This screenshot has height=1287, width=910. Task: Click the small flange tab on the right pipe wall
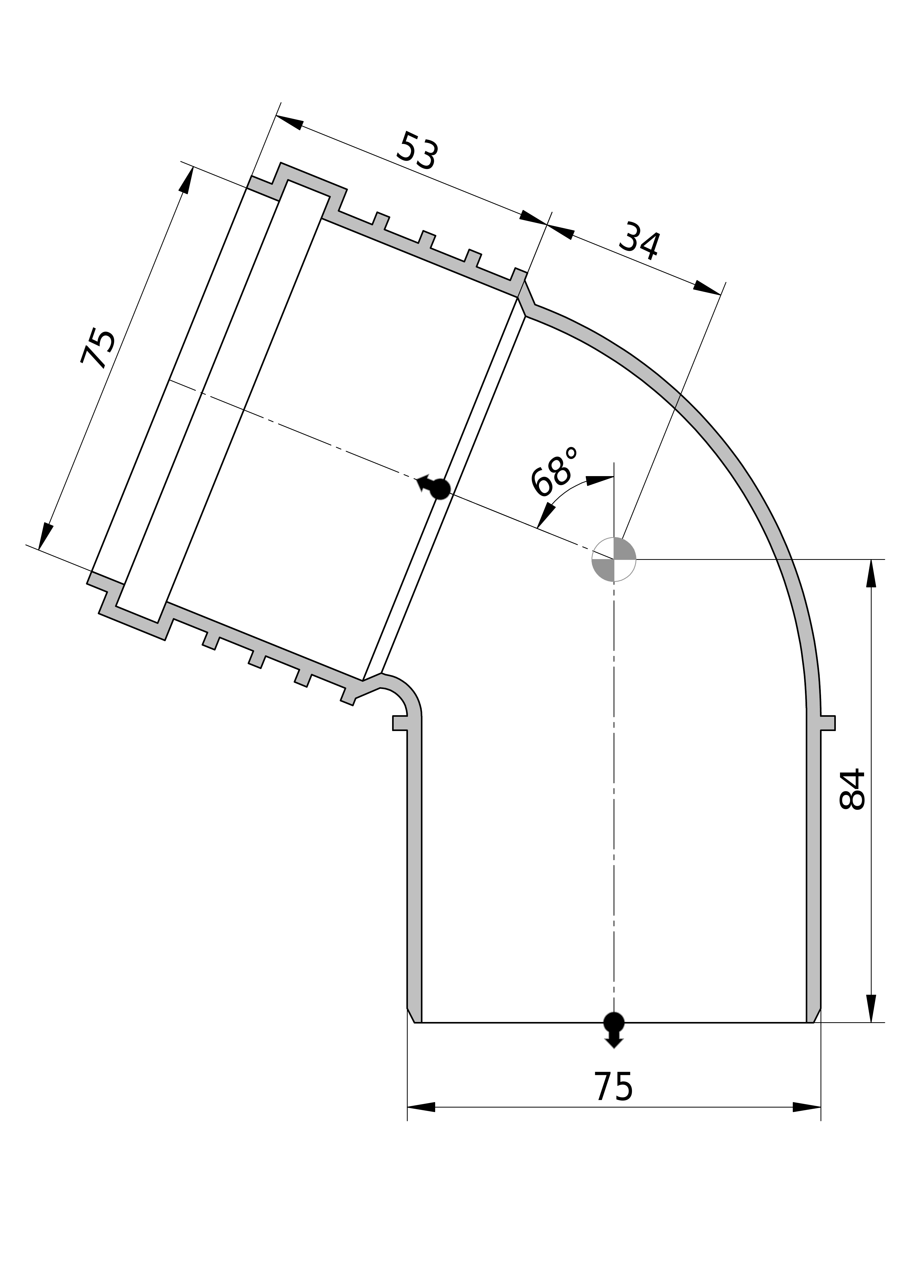(x=828, y=722)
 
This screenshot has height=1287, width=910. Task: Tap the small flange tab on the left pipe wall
(x=400, y=722)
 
